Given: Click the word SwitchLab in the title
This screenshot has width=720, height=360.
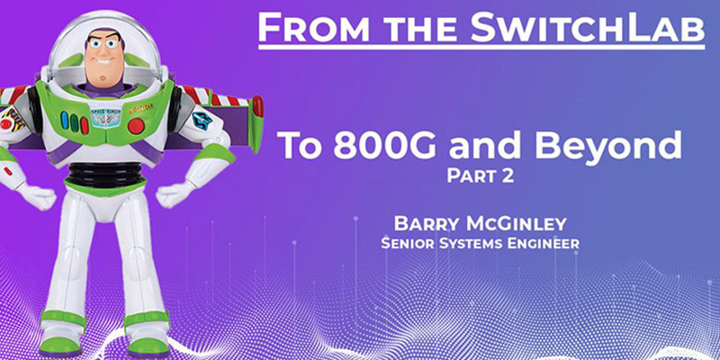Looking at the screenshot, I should (x=605, y=28).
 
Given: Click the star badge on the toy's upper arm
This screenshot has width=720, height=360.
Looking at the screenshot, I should (x=202, y=121).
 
